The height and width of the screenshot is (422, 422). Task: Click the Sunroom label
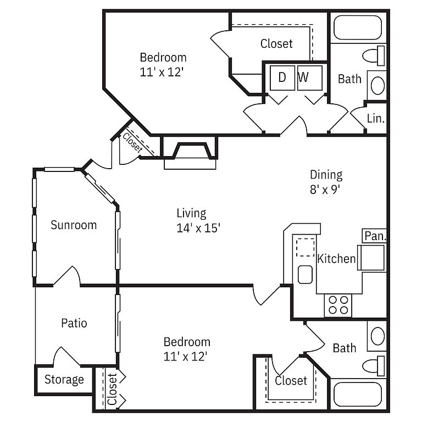(74, 225)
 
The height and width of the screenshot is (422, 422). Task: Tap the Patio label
(74, 323)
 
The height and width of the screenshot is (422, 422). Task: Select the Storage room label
(64, 380)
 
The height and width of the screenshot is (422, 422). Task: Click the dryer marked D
(282, 78)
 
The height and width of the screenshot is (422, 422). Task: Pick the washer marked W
(310, 78)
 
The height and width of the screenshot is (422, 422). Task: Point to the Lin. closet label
(376, 119)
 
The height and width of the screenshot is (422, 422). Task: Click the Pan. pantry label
(375, 236)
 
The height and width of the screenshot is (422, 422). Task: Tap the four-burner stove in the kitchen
(338, 305)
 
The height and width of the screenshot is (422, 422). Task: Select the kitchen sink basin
(305, 275)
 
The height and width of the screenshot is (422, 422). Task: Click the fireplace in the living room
(190, 153)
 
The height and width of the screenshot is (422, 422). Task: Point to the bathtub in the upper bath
(358, 27)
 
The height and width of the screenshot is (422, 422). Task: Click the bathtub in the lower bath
(358, 395)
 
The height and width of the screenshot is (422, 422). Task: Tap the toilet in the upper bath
(374, 55)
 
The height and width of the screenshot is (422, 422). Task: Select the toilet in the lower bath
(374, 366)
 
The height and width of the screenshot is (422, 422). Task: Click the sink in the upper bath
(377, 85)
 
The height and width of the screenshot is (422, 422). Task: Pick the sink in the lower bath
(377, 336)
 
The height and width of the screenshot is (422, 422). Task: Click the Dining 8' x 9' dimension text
(326, 182)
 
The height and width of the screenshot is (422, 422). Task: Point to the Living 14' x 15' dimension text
(198, 221)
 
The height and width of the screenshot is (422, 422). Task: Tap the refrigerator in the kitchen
(371, 258)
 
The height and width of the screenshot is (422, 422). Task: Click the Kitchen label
(336, 259)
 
